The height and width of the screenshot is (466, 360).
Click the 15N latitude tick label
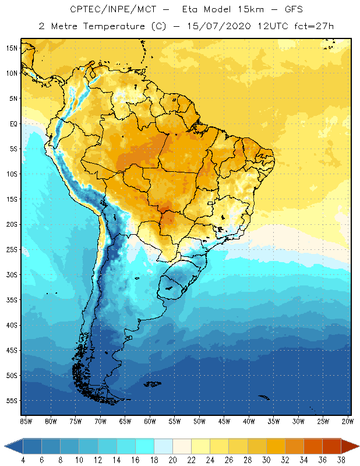(x=12, y=48)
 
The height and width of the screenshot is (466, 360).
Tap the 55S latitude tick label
(x=12, y=401)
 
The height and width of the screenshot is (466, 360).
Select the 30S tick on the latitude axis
(x=12, y=274)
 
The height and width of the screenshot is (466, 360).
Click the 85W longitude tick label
(x=26, y=421)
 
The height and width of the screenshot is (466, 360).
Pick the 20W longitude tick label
(x=348, y=421)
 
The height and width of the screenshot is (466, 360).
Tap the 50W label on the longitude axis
(x=199, y=421)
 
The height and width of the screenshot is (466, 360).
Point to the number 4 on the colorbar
(x=23, y=460)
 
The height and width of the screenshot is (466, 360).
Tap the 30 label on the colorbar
(x=266, y=460)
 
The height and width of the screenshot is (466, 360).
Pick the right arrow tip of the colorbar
(x=358, y=446)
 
